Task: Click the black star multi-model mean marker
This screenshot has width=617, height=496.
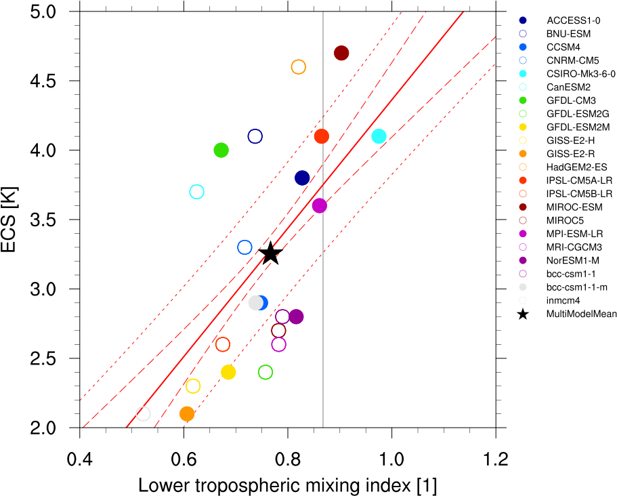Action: (x=270, y=253)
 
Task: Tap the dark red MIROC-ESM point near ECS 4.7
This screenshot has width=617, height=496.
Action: (x=341, y=53)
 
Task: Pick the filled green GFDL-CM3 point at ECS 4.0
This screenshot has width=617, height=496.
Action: (x=221, y=150)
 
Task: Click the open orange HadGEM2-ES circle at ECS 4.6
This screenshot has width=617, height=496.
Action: (x=298, y=67)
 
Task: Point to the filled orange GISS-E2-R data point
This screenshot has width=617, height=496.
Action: (x=187, y=413)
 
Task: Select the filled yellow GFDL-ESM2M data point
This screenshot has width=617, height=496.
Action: (x=228, y=372)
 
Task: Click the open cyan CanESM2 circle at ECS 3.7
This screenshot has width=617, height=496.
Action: (x=196, y=192)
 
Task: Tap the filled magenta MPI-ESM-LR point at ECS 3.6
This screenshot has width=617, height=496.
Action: (x=320, y=205)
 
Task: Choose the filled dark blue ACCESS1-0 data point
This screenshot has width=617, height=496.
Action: (x=302, y=178)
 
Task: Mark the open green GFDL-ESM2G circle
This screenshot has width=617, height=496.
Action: (x=265, y=372)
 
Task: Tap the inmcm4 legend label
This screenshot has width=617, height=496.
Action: (x=563, y=300)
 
